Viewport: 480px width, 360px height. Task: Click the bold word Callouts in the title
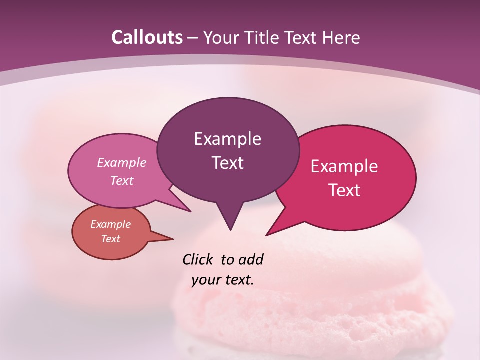pos(147,37)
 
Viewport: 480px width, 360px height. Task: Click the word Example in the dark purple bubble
pos(227,139)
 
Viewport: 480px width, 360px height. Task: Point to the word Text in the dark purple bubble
pos(227,163)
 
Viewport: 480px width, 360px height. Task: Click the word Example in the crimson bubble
pos(344,166)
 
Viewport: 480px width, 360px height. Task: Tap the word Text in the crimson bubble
pos(344,190)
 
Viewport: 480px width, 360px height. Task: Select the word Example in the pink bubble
pos(122,163)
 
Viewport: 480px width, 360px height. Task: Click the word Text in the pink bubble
pos(122,181)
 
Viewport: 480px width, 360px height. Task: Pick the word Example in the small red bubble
pos(111,224)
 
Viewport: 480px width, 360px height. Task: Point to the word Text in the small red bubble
pos(111,239)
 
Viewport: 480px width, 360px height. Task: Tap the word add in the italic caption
pos(251,259)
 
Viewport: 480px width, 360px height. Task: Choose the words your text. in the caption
pos(223,280)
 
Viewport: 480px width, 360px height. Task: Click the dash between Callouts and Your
pos(193,38)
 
